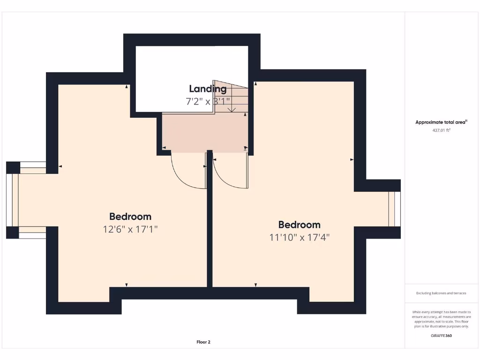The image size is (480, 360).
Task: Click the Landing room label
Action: pos(208,89)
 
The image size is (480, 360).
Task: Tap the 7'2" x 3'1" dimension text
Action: pos(208,101)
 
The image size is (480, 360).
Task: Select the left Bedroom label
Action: pos(130,217)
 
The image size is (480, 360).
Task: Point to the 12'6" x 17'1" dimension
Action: pos(130,229)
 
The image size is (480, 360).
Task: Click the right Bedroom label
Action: pos(299,225)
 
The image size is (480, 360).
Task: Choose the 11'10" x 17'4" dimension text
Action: pos(299,237)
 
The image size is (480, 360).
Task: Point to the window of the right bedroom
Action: pos(395,209)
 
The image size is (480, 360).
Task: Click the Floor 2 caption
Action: pos(203,342)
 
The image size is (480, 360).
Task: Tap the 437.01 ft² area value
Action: pos(441,131)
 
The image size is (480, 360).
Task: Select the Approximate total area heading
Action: pos(441,122)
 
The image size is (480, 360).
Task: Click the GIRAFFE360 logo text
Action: pos(441,336)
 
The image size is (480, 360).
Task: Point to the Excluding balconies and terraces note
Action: pos(441,293)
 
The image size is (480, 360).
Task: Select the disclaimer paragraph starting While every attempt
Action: pos(441,319)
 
